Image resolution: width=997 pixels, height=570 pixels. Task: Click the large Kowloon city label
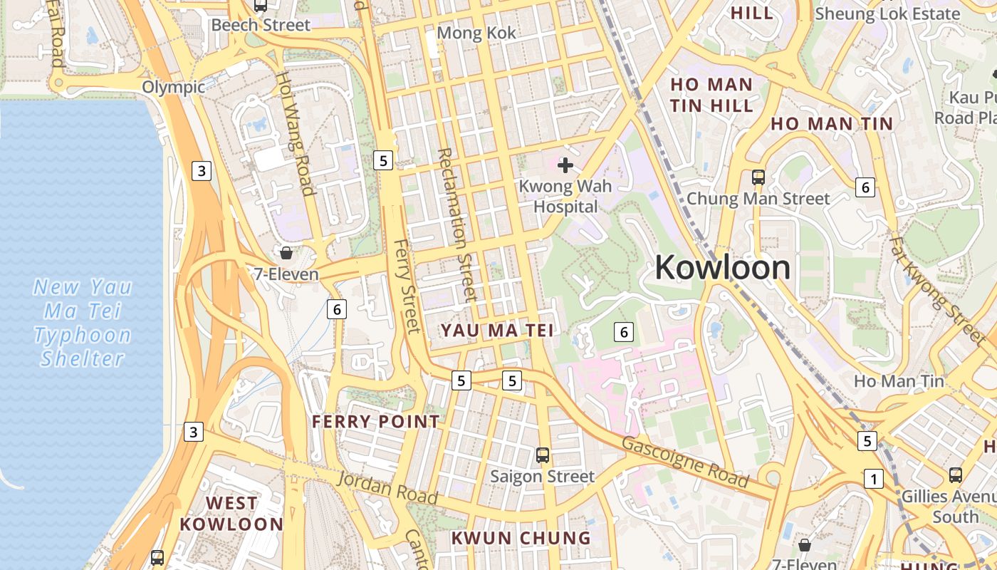[x=722, y=268]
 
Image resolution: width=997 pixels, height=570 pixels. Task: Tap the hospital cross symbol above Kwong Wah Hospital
[x=565, y=165]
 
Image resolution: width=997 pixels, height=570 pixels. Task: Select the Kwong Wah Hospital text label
[x=565, y=197]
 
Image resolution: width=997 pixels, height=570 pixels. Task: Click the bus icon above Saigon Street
[x=543, y=455]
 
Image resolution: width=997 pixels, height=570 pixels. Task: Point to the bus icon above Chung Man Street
[x=758, y=177]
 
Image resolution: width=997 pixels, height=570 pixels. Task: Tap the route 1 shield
[x=873, y=479]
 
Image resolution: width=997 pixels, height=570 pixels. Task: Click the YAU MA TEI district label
[x=496, y=331]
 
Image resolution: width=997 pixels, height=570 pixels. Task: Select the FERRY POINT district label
[x=376, y=422]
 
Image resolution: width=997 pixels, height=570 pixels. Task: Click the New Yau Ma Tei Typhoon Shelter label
[x=83, y=323]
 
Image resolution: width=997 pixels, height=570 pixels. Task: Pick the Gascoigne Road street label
[x=685, y=462]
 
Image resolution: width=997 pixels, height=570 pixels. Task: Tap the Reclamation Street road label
[x=456, y=224]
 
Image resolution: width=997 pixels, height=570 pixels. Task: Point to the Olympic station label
[x=173, y=87]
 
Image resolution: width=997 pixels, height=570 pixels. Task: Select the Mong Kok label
[x=476, y=33]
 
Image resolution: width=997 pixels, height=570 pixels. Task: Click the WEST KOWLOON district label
[x=231, y=514]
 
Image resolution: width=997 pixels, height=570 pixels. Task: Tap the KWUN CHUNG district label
[x=521, y=537]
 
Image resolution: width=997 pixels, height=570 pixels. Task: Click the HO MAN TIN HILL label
[x=711, y=95]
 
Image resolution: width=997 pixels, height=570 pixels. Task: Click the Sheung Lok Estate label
[x=887, y=14]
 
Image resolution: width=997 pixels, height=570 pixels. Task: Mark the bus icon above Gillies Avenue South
[x=955, y=475]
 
